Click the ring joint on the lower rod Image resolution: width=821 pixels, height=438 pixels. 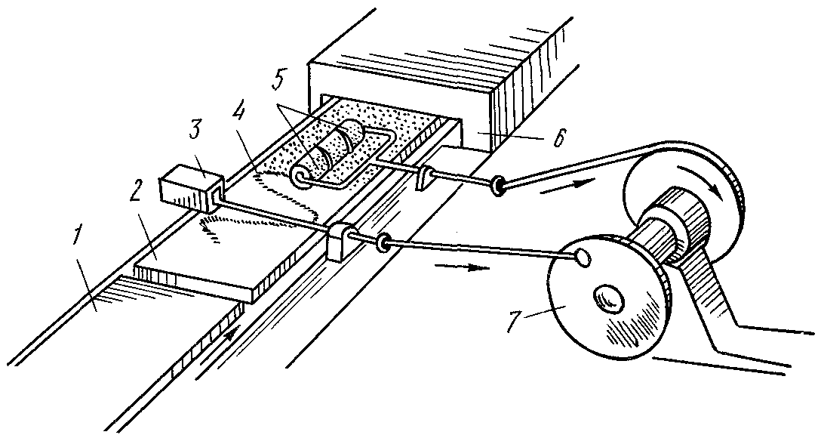tap(383, 242)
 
